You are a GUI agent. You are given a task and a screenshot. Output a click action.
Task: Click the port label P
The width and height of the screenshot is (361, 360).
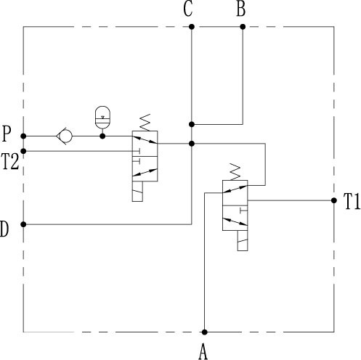point(7,134)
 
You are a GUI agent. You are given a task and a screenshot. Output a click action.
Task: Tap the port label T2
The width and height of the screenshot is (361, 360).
point(10,162)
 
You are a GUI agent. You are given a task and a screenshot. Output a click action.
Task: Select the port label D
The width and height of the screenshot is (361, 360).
point(4,229)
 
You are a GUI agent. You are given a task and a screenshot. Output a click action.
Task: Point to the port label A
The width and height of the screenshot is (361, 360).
point(203,352)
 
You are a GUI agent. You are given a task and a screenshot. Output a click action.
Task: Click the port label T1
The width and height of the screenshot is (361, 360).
point(352,201)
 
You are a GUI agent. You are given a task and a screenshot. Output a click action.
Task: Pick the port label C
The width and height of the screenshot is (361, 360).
point(188,9)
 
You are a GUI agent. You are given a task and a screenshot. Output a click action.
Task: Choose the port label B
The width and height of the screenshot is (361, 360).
point(241,9)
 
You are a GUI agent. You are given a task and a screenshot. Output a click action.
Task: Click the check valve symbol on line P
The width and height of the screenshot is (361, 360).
point(64,136)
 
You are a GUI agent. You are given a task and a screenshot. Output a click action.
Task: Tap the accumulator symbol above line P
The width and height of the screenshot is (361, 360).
point(102,118)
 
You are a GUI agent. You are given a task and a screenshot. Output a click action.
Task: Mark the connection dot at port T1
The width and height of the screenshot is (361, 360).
point(334,200)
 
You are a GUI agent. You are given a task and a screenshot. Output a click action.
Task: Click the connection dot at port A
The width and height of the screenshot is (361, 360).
point(205,332)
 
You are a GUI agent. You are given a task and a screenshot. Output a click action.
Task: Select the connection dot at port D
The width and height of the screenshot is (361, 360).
point(23,224)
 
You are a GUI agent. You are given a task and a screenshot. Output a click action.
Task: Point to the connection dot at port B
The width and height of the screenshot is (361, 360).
point(243,27)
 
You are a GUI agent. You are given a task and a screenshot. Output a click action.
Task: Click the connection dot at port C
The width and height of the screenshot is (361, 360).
point(192,27)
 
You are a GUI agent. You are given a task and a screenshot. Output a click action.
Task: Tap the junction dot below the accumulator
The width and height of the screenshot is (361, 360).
point(102,136)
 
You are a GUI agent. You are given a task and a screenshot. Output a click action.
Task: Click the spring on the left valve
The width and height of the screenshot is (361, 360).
point(145,123)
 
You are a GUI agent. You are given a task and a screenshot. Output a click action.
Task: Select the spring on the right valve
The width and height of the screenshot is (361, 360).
point(235,172)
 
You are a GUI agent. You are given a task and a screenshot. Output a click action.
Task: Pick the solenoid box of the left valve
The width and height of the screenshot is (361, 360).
point(137,192)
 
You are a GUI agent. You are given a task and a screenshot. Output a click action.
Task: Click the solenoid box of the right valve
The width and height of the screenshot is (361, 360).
point(243,241)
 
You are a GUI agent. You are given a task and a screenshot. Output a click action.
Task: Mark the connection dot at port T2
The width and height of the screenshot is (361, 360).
point(23,151)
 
